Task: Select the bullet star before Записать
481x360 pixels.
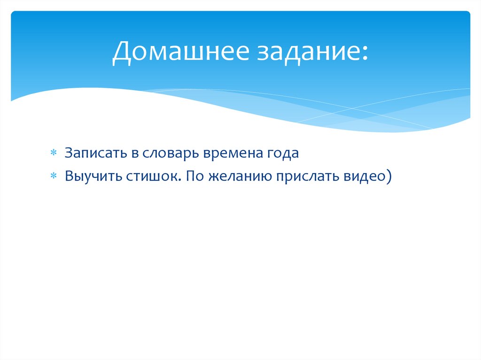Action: pos(54,154)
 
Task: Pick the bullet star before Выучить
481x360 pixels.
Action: pos(54,176)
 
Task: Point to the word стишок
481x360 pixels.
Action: pos(150,176)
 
